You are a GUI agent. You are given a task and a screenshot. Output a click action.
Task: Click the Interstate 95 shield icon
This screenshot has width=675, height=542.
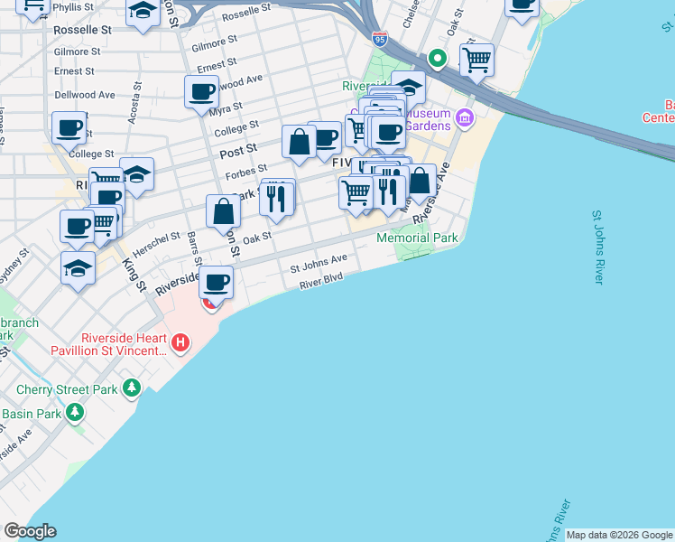380,40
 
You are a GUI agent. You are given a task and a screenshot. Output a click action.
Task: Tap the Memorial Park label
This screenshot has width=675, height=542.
417,238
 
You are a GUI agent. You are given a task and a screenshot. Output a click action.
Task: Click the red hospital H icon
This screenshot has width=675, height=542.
180,342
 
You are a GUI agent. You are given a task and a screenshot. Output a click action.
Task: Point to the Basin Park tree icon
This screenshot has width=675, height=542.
74,414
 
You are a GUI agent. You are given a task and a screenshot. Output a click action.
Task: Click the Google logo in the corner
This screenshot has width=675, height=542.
30,531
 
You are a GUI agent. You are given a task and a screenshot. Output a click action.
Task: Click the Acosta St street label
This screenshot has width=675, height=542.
135,102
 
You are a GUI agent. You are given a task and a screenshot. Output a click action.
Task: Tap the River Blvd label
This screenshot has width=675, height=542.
321,283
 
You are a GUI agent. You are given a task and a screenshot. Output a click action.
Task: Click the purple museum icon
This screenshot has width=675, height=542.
465,117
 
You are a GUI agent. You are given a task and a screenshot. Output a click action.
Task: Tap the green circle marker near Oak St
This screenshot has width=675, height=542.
438,60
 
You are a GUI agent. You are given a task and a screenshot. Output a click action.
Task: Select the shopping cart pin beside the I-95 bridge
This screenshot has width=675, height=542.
476,61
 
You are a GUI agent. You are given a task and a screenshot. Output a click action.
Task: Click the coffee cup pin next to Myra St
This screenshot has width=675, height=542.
202,92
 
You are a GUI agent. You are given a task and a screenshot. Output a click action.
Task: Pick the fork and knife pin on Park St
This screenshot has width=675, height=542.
277,198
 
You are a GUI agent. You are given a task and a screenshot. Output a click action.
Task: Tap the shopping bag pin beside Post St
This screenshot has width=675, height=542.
299,142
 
